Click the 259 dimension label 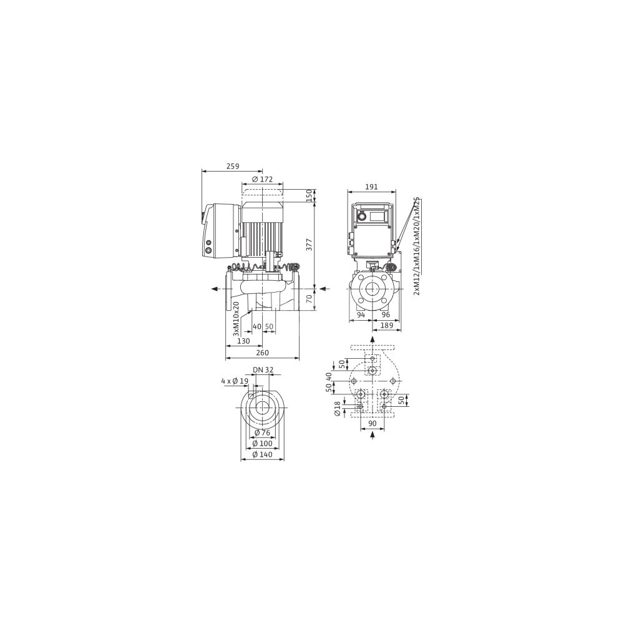232,167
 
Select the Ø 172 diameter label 262,179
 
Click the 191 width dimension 371,187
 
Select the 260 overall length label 262,353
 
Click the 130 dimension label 243,341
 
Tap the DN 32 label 263,369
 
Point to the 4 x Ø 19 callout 235,381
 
